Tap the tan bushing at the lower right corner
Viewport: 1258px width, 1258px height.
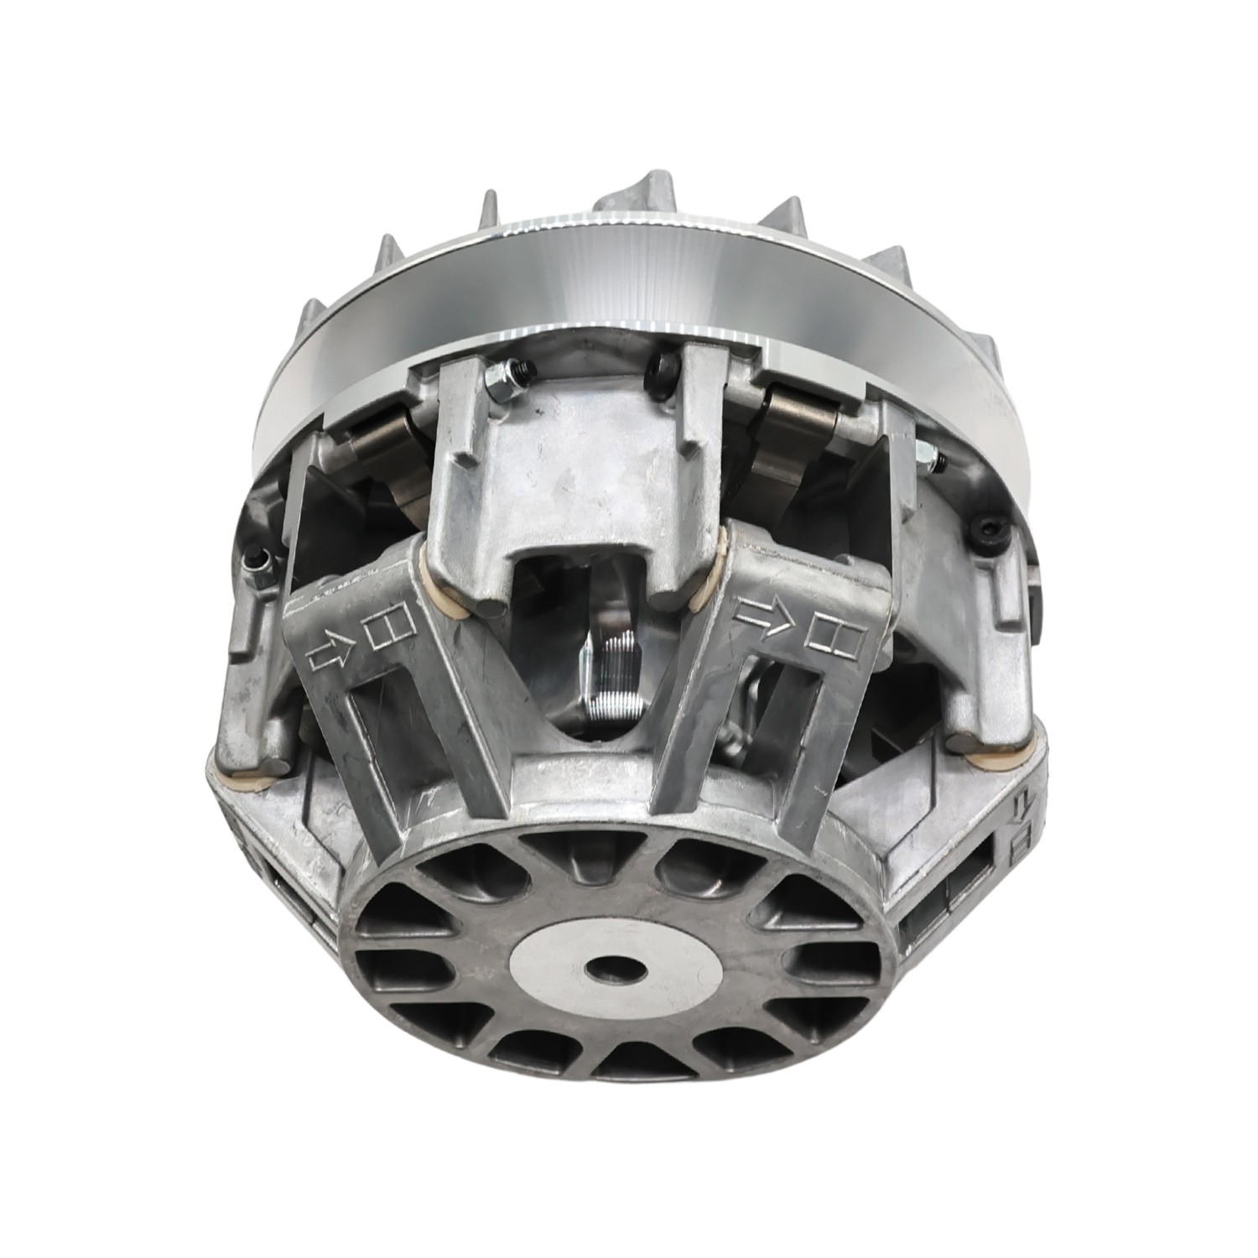tap(981, 761)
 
